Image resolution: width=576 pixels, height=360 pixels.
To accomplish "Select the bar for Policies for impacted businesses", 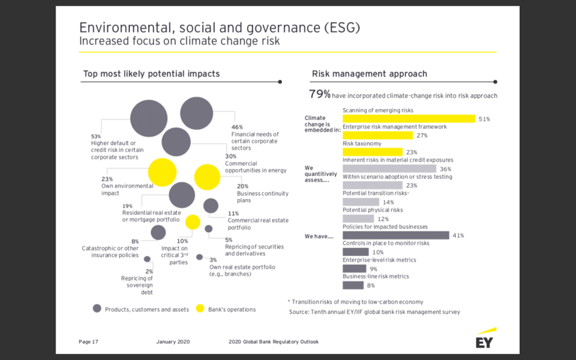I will tap(395, 235).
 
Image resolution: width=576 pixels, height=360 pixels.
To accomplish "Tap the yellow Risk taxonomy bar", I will tap(372, 152).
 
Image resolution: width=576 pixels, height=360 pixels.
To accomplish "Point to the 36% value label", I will tap(445, 169).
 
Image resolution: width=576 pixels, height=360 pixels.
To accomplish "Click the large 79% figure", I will tap(319, 94).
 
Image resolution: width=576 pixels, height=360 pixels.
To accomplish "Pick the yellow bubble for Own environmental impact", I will tap(162, 173).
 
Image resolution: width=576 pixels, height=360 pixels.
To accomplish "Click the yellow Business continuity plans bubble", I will tap(207, 177).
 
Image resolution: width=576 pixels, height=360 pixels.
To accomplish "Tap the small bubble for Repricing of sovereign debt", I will tap(147, 259).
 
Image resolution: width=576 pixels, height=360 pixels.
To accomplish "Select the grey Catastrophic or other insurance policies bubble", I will tap(159, 232).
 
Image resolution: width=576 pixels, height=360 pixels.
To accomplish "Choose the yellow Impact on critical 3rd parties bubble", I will tap(193, 222).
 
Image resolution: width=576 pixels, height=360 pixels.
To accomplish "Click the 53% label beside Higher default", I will tap(96, 136).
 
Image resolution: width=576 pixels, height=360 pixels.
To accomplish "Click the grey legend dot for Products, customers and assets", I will tap(97, 309).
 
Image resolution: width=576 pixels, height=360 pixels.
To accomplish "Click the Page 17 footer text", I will tap(89, 341).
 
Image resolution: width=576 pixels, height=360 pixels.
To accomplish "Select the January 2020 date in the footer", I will tap(173, 341).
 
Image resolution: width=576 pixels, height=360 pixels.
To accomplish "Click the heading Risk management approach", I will tap(369, 74).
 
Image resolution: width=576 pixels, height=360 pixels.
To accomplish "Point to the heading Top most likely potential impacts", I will tap(151, 74).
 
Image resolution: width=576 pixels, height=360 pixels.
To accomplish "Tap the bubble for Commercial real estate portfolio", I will tap(210, 206).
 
